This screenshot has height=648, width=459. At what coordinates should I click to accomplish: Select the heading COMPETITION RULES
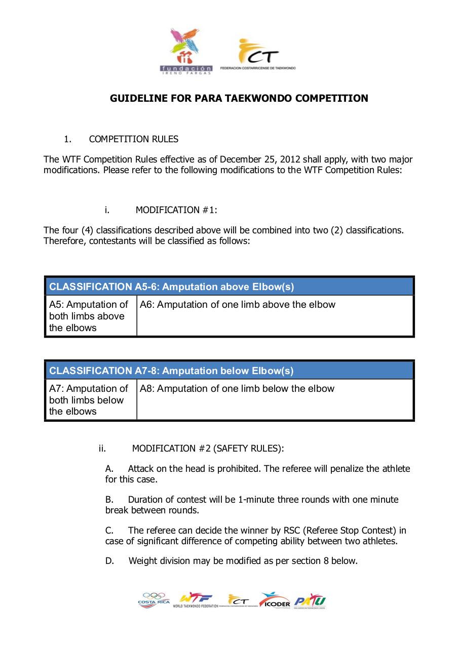point(133,139)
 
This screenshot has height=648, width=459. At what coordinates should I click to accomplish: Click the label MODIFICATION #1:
point(176,210)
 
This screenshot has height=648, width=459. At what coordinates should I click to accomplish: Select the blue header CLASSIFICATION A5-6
point(171,287)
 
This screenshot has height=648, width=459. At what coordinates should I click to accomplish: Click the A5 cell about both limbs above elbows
point(89,316)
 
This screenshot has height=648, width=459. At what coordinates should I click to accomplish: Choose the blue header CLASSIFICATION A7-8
point(171,371)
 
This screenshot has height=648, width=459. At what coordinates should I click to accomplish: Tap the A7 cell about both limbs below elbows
point(89,400)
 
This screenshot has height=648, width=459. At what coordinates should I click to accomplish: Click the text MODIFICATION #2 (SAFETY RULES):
point(208,448)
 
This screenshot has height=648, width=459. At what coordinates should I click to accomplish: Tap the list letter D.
point(109,561)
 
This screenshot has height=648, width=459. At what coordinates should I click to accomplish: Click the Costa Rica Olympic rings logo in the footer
point(154,600)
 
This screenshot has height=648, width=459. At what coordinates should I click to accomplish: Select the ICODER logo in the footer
point(275,600)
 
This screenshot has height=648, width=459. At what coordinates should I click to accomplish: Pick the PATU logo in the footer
point(310,601)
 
